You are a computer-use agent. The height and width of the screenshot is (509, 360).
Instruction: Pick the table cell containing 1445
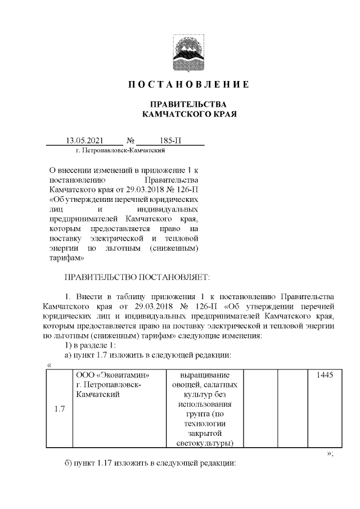(325, 374)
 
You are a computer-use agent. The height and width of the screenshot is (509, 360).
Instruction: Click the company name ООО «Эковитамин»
(112, 374)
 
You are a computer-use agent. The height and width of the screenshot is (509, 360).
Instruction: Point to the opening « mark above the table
(49, 365)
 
